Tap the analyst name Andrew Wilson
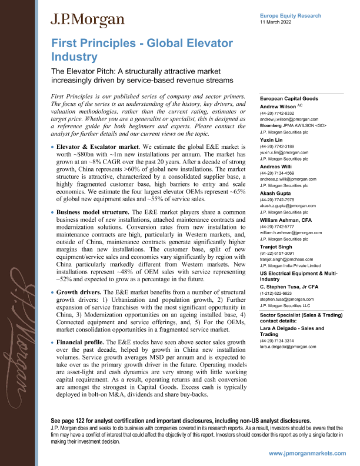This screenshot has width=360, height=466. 282,107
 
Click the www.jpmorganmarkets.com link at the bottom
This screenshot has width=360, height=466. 311,455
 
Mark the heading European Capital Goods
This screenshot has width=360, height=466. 289,99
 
